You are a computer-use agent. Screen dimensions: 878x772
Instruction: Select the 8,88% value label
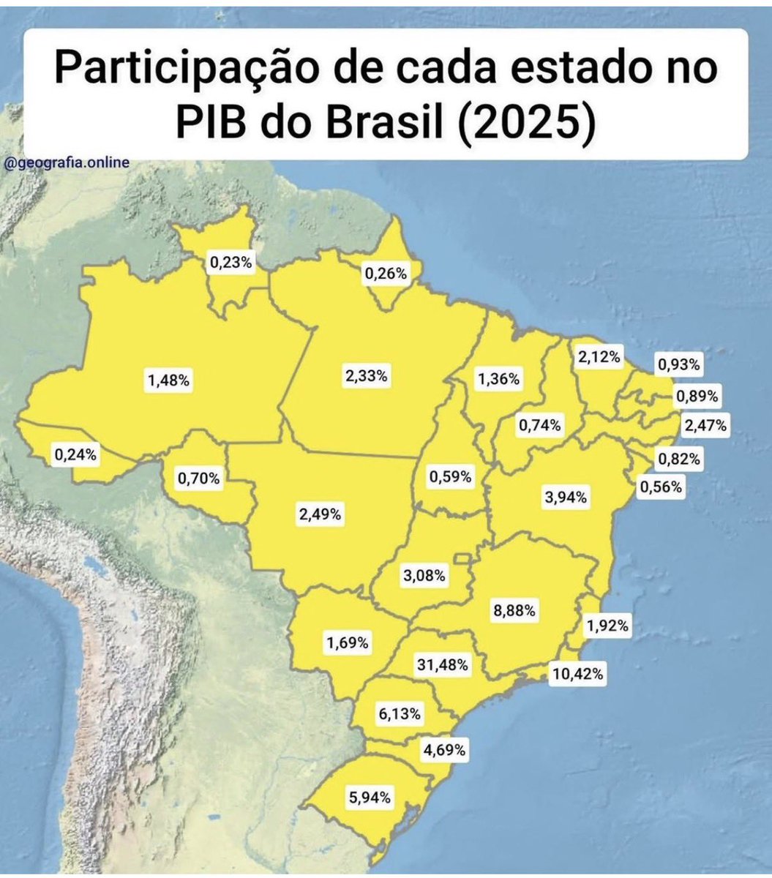514,609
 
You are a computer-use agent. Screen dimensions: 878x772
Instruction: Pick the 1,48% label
169,380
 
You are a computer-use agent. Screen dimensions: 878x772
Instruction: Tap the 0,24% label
75,454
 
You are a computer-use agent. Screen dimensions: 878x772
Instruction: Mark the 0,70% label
198,479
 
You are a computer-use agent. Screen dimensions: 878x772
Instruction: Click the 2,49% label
319,514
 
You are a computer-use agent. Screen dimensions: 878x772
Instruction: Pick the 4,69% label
444,750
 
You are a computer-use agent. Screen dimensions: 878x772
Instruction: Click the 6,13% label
399,714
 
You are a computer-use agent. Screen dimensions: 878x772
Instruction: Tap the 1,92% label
607,626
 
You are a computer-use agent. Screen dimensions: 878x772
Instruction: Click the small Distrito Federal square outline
462,560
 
